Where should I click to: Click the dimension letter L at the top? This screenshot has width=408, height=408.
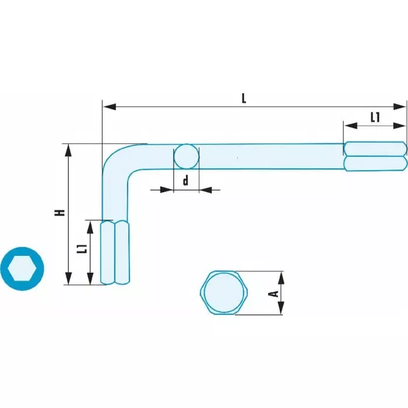tap(244, 98)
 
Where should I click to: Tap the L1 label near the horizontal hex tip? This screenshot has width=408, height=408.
tap(375, 117)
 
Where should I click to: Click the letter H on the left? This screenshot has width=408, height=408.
tap(59, 213)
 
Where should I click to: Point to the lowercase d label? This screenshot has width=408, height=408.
tap(185, 181)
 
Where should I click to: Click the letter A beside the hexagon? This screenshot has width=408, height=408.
tap(272, 294)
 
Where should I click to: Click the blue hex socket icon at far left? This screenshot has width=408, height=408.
tap(22, 269)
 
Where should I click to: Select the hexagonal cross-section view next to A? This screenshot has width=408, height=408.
tap(224, 293)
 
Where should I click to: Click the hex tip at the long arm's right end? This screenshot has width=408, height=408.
tap(375, 156)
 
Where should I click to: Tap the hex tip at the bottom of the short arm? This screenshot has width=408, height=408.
tap(115, 252)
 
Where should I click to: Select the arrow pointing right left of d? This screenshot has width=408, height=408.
tap(168, 189)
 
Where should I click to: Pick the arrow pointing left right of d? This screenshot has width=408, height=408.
tap(206, 189)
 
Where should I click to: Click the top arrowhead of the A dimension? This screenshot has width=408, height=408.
tap(281, 277)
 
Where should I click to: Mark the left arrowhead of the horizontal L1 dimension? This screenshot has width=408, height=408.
tap(348, 124)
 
